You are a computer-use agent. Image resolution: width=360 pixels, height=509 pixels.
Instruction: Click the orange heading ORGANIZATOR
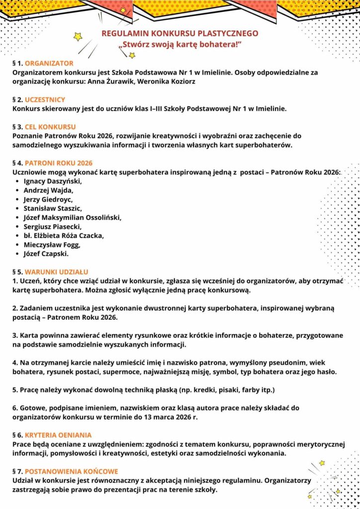click(49, 64)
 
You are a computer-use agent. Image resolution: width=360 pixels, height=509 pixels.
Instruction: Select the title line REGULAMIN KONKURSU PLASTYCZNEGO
click(180, 34)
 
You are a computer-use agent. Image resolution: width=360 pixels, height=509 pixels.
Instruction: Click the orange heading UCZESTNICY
click(45, 99)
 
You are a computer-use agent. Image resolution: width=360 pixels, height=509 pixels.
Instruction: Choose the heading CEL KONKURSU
click(50, 127)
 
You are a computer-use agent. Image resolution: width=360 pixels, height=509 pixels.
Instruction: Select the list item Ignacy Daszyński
click(52, 181)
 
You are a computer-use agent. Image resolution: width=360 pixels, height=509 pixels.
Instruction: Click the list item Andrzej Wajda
click(48, 190)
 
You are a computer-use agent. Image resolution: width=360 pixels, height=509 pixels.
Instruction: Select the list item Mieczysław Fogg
click(52, 245)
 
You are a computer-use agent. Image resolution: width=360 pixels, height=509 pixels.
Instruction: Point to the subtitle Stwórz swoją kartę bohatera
click(180, 45)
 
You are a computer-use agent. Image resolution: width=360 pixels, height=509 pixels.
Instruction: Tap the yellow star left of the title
click(78, 36)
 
